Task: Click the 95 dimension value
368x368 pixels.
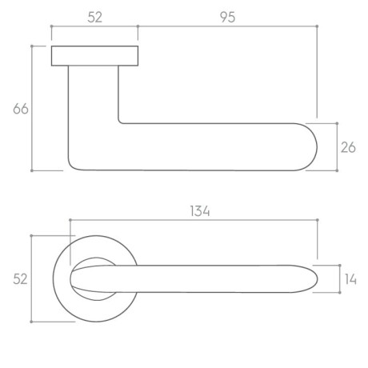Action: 228,18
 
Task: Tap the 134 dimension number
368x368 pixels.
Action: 200,211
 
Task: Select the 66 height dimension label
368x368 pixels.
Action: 21,109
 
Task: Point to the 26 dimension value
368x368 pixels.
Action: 348,147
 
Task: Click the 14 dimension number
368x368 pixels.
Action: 350,279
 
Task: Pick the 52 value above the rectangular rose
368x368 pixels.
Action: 95,18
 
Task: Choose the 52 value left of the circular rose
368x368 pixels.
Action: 20,279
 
